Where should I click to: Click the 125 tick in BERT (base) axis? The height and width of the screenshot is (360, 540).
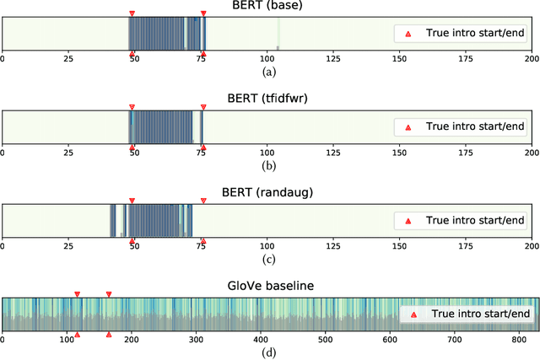tap(333, 61)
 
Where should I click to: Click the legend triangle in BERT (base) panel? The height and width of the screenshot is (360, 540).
tap(408, 34)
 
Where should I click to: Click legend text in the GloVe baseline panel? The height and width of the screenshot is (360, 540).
tap(480, 314)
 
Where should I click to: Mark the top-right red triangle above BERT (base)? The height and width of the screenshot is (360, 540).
tap(202, 13)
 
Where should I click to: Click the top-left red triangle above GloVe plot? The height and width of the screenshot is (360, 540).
tap(77, 294)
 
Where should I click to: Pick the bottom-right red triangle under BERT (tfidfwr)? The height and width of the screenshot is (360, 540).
tap(202, 147)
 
